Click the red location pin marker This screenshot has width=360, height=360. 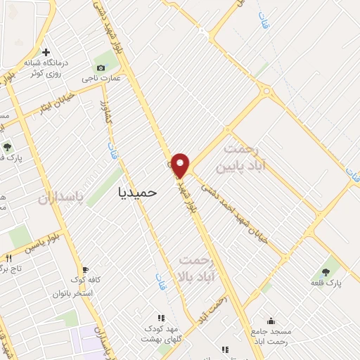[181, 165]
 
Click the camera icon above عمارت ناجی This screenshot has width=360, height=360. [101, 68]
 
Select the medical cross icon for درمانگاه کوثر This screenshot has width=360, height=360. [46, 52]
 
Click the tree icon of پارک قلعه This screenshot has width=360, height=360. [326, 271]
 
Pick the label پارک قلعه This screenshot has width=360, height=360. [326, 282]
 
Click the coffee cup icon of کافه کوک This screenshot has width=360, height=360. [85, 269]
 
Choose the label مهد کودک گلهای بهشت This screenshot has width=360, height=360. [162, 333]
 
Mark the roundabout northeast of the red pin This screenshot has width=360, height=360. [266, 91]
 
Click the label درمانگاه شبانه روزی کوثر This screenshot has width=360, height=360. [47, 67]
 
